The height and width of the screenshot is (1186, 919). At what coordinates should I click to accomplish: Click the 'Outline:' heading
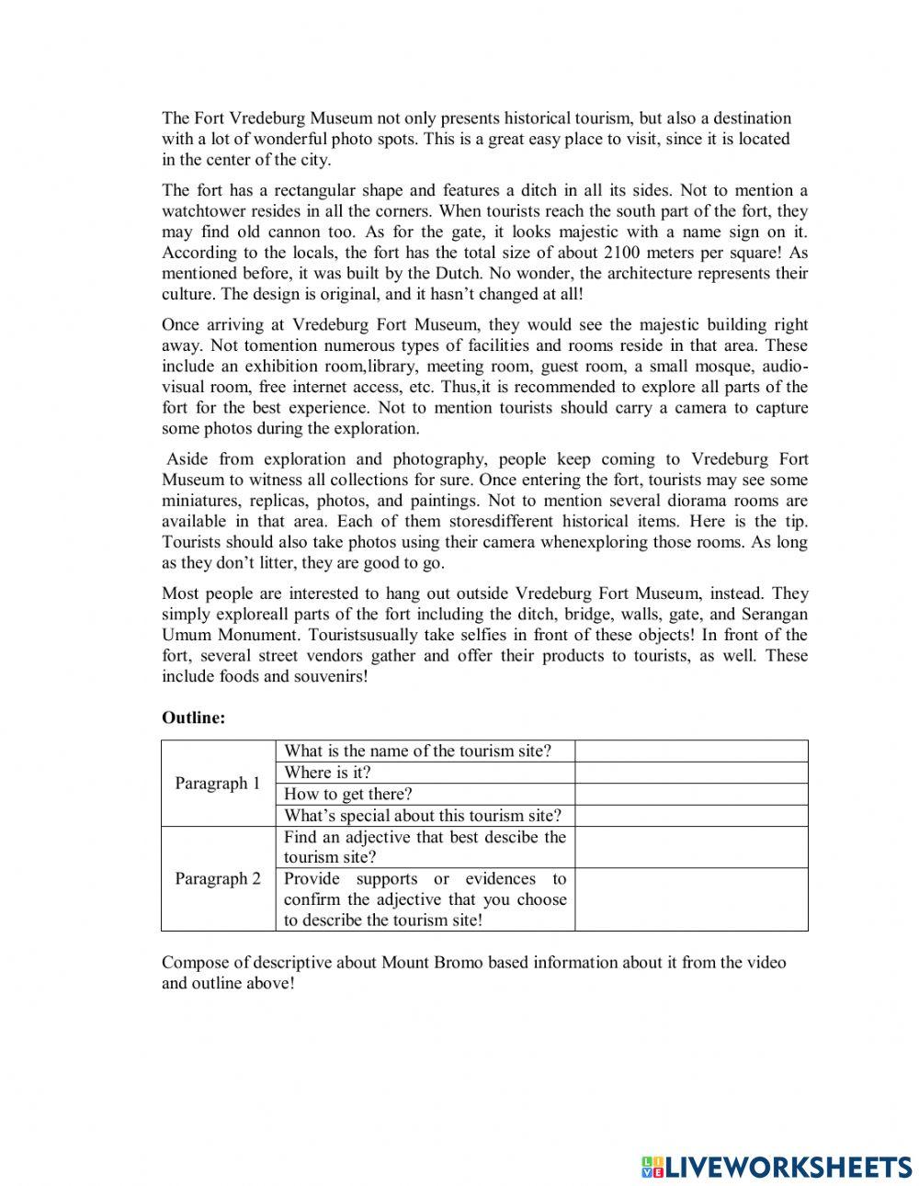pyautogui.click(x=193, y=718)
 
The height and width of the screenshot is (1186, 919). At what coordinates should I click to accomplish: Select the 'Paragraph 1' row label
pyautogui.click(x=218, y=784)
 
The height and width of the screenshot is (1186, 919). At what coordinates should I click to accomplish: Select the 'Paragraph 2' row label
pyautogui.click(x=218, y=878)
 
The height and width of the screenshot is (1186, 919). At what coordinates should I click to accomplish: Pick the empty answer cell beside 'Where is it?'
pyautogui.click(x=691, y=773)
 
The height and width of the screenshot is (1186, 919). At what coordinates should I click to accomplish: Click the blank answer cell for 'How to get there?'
pyautogui.click(x=691, y=794)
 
